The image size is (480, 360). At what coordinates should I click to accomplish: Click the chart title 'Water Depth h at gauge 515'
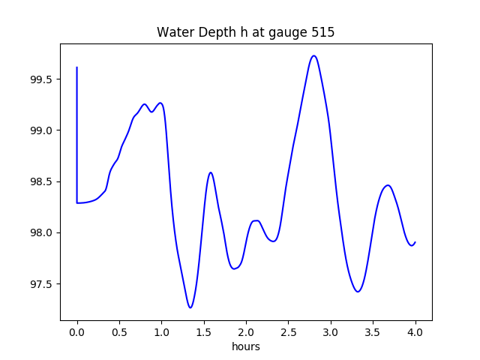245,33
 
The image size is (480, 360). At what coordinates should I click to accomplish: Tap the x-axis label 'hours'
245,346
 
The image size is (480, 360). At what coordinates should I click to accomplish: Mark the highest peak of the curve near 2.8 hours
314,55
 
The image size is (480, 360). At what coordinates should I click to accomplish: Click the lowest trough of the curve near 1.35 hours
190,307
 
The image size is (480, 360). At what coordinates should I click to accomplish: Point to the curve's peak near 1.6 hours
211,172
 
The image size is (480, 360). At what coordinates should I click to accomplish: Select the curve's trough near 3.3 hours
358,292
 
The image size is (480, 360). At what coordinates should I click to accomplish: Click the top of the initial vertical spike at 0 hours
77,67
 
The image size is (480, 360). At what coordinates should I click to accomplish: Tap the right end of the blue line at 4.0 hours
415,242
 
